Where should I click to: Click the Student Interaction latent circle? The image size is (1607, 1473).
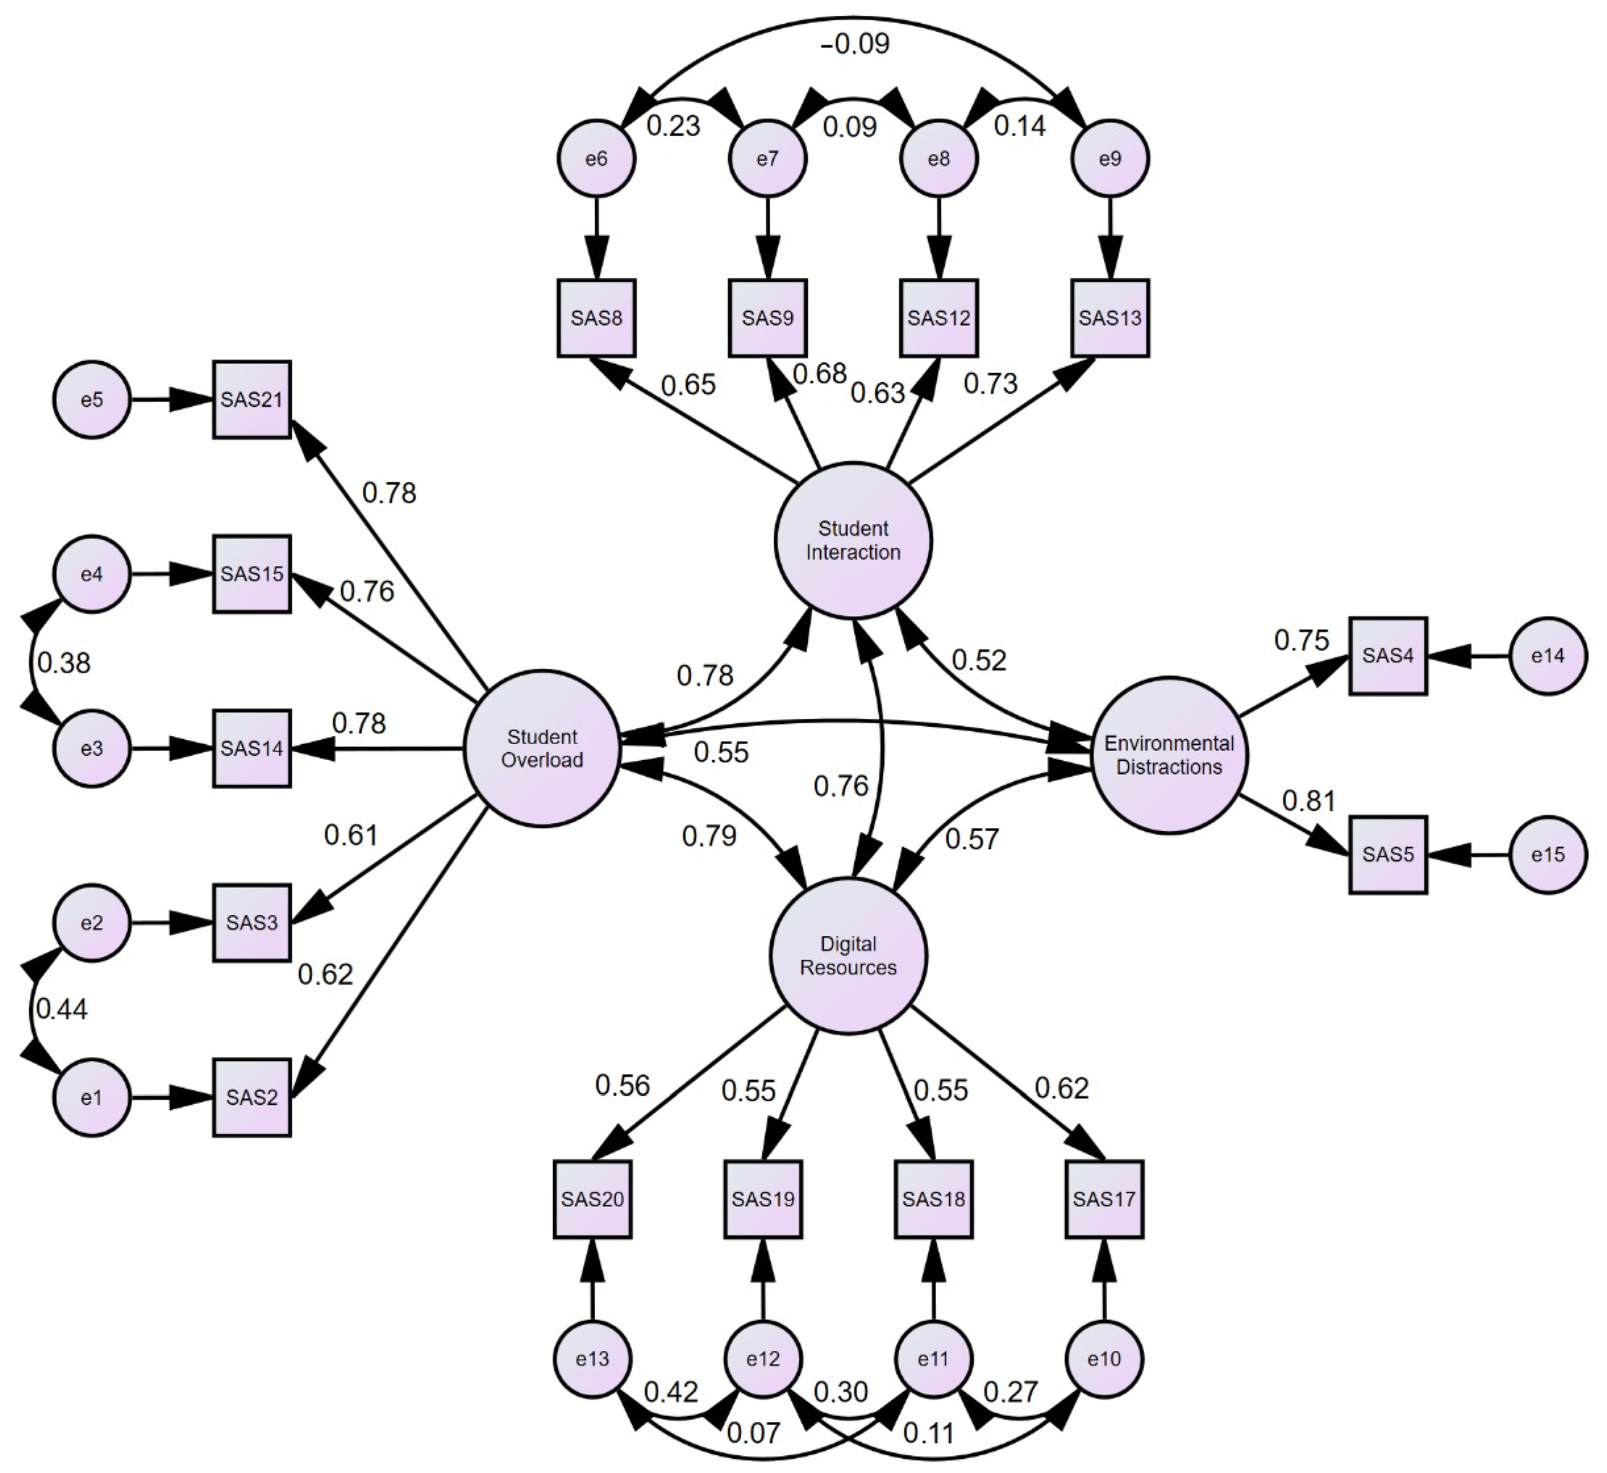(x=853, y=540)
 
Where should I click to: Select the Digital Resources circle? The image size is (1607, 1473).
(x=848, y=956)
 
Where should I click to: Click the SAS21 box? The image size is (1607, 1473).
(x=252, y=399)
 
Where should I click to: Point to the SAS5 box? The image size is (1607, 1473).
(x=1388, y=855)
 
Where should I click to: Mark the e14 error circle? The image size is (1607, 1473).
(x=1548, y=656)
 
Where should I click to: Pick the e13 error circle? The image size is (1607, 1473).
(x=592, y=1359)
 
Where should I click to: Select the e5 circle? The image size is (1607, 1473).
(x=92, y=399)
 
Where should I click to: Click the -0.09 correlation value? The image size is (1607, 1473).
(x=855, y=44)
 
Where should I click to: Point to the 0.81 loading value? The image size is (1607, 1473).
(x=1308, y=800)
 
